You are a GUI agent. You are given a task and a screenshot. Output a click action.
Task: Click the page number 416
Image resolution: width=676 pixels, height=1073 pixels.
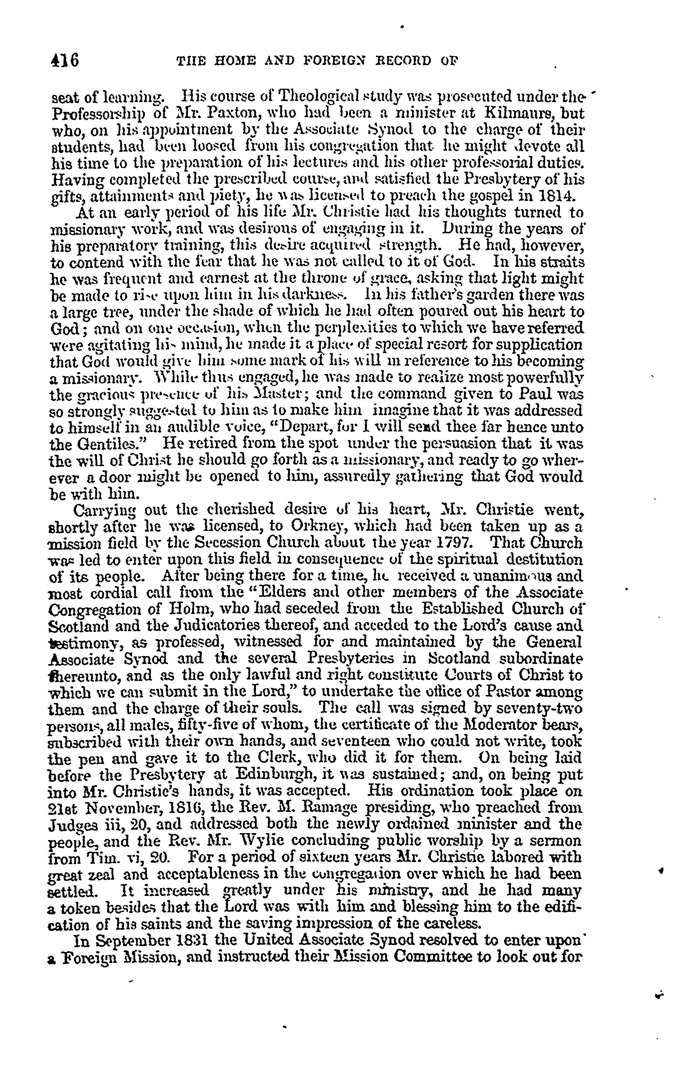(65, 60)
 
